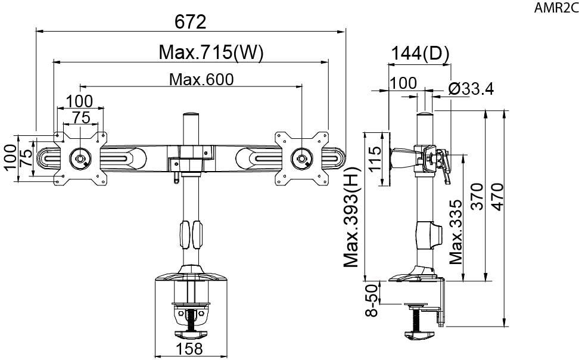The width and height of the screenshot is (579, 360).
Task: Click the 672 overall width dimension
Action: (190, 22)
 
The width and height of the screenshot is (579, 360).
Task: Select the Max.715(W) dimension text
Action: (211, 52)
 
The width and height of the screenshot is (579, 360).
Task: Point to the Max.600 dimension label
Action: (201, 79)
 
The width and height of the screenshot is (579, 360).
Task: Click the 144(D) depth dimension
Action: (420, 54)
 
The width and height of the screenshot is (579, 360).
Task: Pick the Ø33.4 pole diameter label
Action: (471, 89)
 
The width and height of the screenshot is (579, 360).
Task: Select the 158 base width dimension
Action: (189, 349)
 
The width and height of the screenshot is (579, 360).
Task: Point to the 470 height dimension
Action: (498, 197)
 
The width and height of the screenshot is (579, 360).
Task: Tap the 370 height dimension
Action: (477, 196)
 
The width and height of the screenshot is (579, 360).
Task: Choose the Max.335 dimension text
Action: (456, 232)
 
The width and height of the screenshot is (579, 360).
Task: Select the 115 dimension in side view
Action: (375, 159)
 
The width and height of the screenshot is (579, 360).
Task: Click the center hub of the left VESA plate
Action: (80, 159)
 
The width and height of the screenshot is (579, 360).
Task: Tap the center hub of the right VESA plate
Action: (301, 159)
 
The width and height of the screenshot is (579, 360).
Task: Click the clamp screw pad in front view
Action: (191, 334)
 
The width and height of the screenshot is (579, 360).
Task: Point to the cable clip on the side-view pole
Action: (429, 235)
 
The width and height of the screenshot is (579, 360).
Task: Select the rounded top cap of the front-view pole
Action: (191, 115)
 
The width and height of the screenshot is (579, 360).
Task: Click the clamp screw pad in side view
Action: (419, 335)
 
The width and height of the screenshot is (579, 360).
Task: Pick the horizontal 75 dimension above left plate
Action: (81, 117)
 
